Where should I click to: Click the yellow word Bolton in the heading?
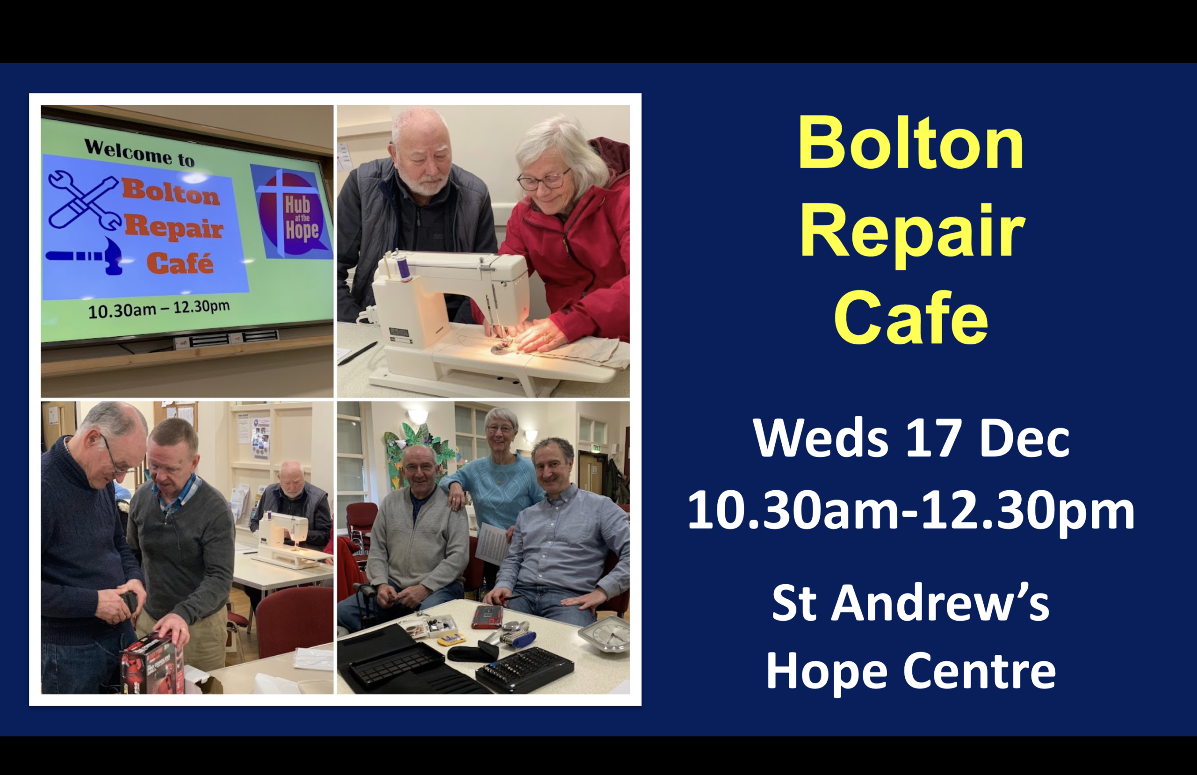911,143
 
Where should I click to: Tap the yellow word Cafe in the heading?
911,318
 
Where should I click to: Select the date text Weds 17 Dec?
911,438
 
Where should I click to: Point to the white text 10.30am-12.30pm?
911,511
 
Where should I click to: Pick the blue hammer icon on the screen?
85,256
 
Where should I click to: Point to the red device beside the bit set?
487,617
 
